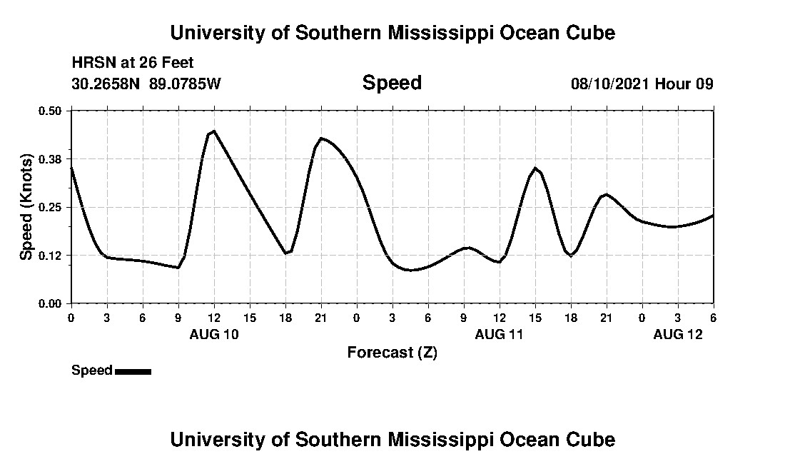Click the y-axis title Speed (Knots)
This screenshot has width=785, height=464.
click(26, 207)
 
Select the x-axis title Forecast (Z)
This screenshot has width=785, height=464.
click(392, 353)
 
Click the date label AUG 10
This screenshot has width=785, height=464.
click(214, 334)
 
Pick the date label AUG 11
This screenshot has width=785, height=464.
click(500, 334)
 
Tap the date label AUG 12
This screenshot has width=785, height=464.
click(678, 334)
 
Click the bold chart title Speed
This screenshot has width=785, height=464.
click(392, 83)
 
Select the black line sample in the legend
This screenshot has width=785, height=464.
click(133, 371)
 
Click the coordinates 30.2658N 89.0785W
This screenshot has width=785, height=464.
click(146, 84)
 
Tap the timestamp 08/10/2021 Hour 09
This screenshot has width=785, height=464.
click(642, 84)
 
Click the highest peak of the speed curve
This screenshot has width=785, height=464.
click(213, 131)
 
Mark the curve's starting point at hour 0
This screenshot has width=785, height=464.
click(71, 168)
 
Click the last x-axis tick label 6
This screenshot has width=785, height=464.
click(713, 318)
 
